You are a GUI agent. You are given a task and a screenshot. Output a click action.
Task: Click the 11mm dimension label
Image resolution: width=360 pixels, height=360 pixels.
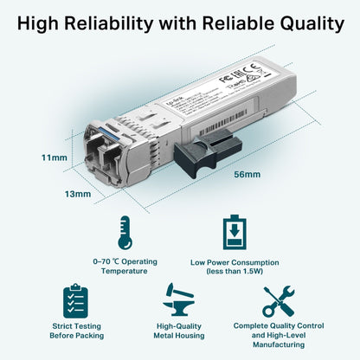click(29, 158)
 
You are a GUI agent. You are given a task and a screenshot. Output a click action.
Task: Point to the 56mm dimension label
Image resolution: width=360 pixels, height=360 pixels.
click(247, 175)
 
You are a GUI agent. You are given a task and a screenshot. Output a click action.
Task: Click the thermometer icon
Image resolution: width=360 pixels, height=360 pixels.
click(125, 234)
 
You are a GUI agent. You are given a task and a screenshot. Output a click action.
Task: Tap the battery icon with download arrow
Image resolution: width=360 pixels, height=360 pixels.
click(234, 234)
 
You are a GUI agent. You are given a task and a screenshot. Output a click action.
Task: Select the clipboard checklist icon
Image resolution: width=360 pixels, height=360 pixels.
click(76, 300)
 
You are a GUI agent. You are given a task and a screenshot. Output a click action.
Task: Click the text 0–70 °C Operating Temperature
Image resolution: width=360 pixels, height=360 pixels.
click(125, 265)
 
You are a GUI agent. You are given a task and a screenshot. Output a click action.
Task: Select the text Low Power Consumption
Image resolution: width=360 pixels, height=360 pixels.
click(235, 260)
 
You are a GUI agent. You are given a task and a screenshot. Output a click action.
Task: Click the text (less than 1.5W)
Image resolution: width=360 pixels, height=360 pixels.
click(235, 271)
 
